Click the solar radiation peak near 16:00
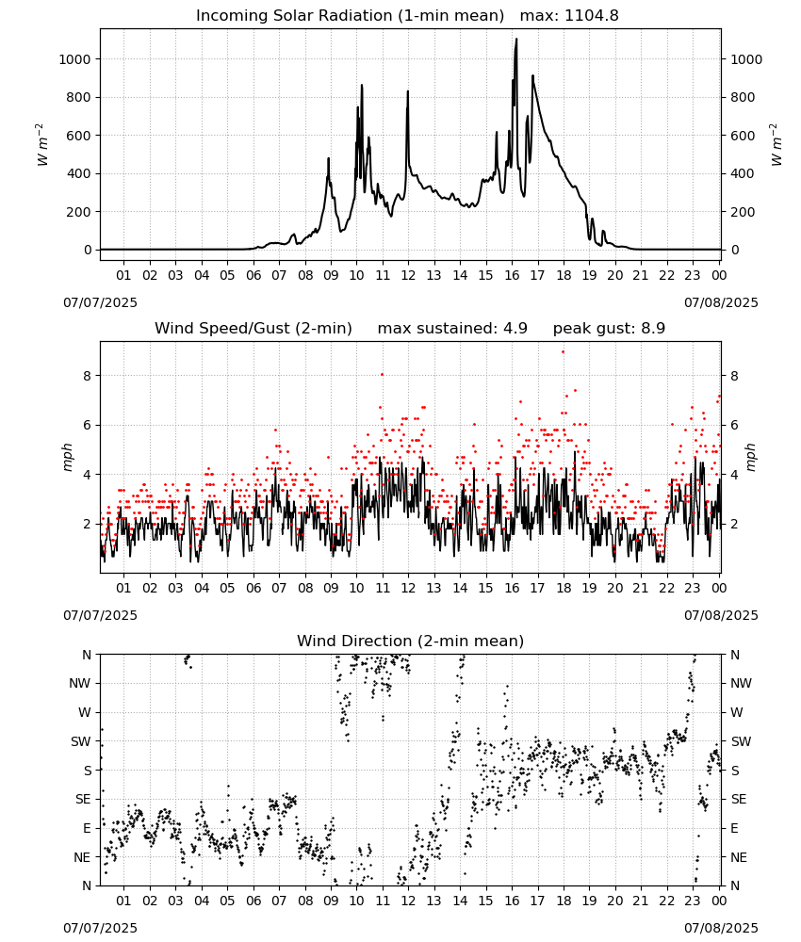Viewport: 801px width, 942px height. pos(516,39)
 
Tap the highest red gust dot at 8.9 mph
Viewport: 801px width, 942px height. pos(563,352)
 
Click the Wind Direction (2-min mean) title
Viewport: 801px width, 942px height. pos(411,641)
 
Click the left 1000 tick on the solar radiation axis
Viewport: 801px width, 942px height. pos(74,59)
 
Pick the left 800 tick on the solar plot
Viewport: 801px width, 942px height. pos(79,97)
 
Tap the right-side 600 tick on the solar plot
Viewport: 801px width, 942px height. pos(743,136)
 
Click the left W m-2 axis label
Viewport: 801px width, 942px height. pos(41,145)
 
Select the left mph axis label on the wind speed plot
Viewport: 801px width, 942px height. pos(67,457)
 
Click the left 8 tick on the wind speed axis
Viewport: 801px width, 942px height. pos(87,376)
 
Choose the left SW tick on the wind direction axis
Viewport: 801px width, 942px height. pos(81,741)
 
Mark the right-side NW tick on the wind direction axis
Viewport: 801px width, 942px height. pos(741,683)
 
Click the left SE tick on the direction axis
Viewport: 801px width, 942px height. pos(83,799)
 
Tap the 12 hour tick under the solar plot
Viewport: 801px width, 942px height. pos(409,276)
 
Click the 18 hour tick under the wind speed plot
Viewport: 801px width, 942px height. pos(564,588)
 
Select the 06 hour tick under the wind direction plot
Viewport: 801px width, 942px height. pos(253,901)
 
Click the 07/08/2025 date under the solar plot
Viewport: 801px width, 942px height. pos(721,302)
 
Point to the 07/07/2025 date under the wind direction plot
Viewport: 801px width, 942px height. pos(100,928)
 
